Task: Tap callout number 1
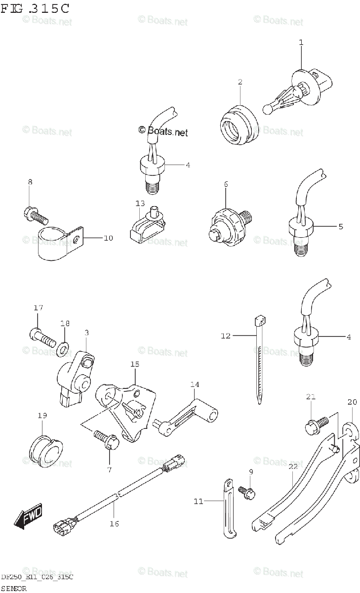pyautogui.click(x=301, y=42)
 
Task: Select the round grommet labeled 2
pyautogui.click(x=239, y=126)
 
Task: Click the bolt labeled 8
pyautogui.click(x=35, y=214)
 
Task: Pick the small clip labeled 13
pyautogui.click(x=147, y=227)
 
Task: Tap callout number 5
pyautogui.click(x=340, y=227)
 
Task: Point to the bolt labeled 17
pyautogui.click(x=41, y=339)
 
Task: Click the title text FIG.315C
pyautogui.click(x=35, y=8)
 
